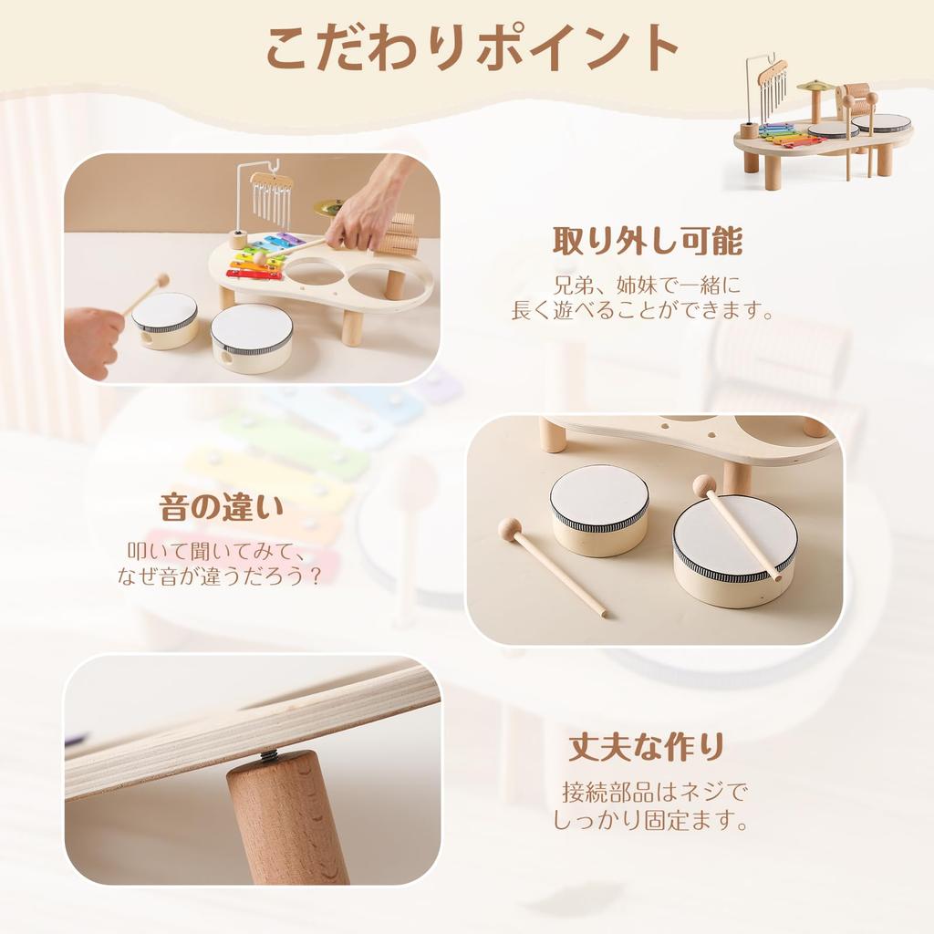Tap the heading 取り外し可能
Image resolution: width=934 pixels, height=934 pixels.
pos(649,241)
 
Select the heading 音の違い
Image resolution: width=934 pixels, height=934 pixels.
pos(222,507)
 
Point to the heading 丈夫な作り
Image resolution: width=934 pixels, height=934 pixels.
pos(647,746)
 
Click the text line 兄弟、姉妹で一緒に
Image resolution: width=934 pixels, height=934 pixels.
pos(649,285)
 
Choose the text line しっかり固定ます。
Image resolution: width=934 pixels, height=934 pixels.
pos(650,820)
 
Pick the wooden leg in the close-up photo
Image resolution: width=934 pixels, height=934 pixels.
pos(285,817)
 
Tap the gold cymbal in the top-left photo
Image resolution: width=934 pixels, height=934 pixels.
pos(327,207)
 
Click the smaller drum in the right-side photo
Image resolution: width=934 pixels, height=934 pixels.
pos(598,511)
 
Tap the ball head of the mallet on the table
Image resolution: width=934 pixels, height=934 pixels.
pos(509,528)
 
